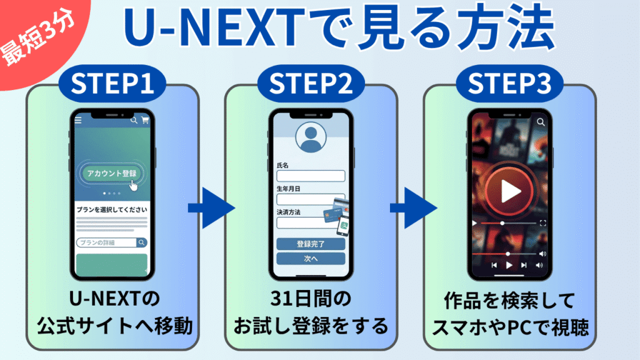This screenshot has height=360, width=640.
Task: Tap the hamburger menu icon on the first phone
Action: point(78,120)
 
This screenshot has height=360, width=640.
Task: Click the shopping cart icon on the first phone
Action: point(146,120)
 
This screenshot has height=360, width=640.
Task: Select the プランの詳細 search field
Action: point(106,242)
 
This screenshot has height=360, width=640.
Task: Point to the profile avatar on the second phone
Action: point(311,138)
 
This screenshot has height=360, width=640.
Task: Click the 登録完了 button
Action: point(311,244)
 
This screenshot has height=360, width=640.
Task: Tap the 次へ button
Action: point(311,259)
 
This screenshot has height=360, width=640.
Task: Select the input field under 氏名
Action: point(311,176)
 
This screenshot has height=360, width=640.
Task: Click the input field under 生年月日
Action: point(311,199)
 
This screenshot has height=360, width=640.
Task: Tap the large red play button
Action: point(509,189)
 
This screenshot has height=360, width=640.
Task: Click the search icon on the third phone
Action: point(541,122)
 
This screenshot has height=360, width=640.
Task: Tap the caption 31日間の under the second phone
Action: point(311,301)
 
